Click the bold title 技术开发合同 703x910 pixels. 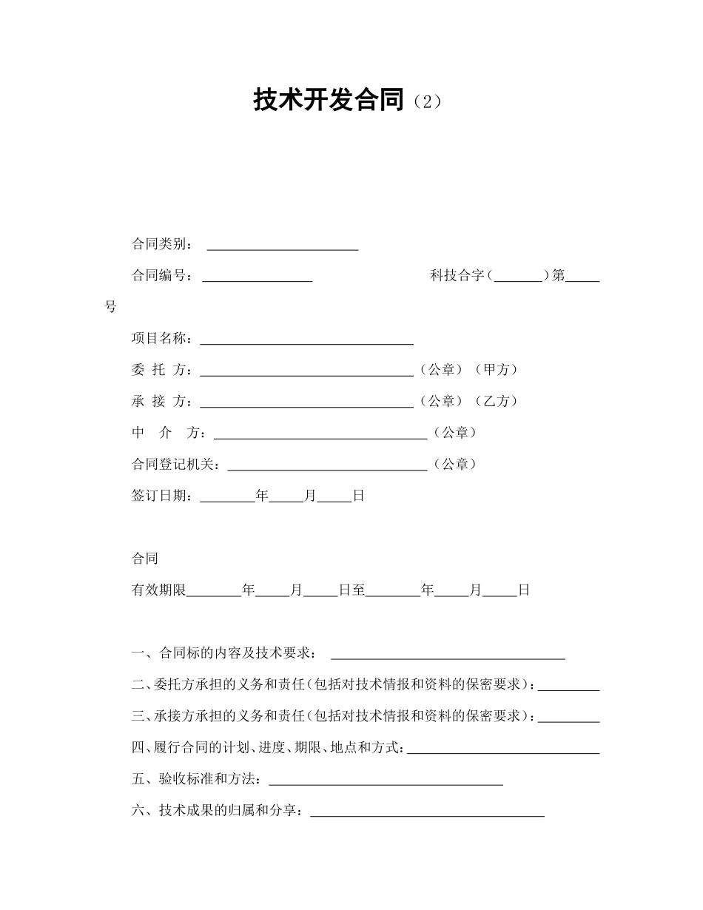[329, 100]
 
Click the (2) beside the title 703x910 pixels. [426, 101]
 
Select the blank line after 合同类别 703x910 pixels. [282, 245]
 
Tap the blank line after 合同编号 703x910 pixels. [257, 277]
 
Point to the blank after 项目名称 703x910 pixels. [306, 339]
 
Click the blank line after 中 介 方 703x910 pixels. [320, 434]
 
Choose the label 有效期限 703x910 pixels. [158, 590]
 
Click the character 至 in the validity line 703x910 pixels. [359, 590]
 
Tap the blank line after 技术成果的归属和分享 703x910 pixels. [427, 811]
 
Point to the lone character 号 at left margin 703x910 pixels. [111, 307]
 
